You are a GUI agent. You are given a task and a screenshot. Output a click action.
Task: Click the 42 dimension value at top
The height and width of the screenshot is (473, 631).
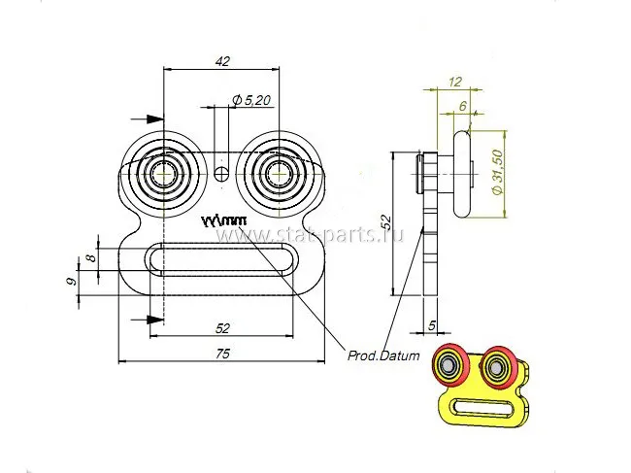point(222,61)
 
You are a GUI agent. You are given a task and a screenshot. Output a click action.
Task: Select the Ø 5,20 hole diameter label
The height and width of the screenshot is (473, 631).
point(250,99)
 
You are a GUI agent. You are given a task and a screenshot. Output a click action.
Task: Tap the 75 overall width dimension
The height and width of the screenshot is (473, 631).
point(222,355)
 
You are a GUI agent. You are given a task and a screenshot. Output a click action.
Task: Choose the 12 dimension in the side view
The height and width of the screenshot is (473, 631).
point(454,82)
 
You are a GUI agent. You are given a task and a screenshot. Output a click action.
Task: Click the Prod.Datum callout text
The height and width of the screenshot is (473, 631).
point(383,355)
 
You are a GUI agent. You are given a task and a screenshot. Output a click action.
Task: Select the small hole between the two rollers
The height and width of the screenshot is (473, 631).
point(222,175)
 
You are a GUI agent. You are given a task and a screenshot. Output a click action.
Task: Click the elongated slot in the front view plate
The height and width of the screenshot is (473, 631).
point(222,258)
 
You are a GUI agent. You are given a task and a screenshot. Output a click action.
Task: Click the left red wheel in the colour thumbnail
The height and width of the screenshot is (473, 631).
point(452,366)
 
